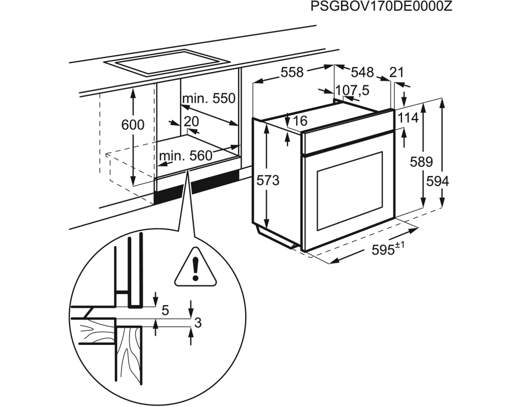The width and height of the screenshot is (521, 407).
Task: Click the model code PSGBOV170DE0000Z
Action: coord(381,7)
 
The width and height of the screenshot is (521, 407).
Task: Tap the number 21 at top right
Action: coord(396,72)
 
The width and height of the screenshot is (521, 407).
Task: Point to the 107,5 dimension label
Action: coord(352,91)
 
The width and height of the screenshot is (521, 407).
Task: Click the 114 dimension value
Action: coord(408,118)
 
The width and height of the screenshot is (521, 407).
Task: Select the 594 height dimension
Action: coord(438,181)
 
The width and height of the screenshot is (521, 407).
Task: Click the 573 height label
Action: coord(268,180)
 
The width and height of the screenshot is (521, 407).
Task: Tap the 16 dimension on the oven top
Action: coord(301,121)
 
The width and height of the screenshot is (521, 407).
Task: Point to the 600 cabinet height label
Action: coord(133,125)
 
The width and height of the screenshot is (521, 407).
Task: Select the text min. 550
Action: coord(210,98)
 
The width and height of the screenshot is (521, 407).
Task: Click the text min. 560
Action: coord(185,156)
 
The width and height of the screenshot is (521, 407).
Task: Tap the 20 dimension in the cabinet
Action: coord(191,121)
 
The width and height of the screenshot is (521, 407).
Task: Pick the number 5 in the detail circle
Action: coord(165,310)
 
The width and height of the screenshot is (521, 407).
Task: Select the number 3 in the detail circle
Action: coord(198,323)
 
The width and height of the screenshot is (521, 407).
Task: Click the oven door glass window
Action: coord(349,189)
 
